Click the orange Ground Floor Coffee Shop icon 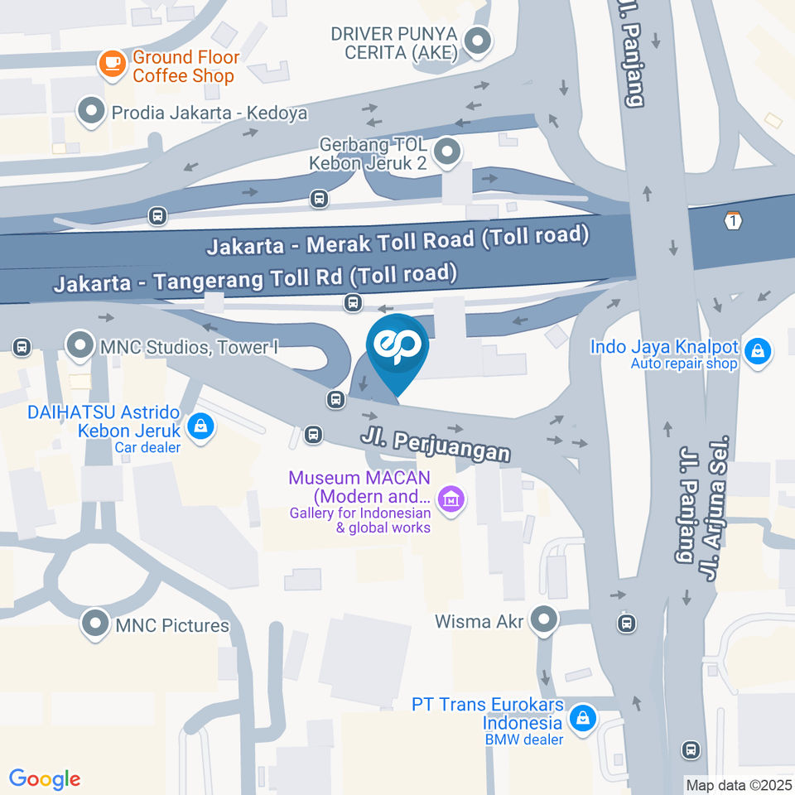(x=110, y=65)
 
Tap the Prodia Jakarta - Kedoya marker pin (x=90, y=112)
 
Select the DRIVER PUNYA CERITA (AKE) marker (x=477, y=41)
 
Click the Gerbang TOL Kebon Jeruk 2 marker (x=447, y=152)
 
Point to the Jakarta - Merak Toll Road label (x=397, y=241)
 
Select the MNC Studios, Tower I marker (x=79, y=346)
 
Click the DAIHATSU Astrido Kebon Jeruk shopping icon (x=200, y=428)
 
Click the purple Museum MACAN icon (x=450, y=499)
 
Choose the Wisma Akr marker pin (x=543, y=619)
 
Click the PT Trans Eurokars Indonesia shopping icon (x=584, y=717)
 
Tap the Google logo (x=45, y=779)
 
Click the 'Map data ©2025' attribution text (x=739, y=784)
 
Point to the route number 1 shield (x=732, y=220)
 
